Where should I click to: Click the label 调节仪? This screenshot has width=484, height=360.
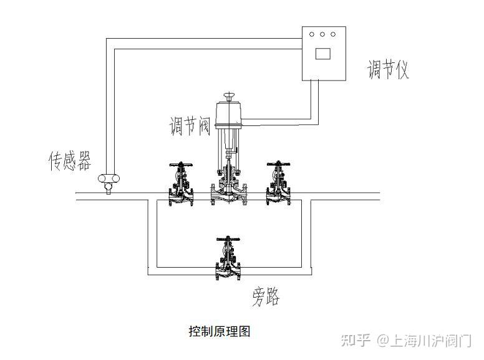click(388, 69)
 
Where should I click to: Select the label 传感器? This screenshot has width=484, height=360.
click(70, 161)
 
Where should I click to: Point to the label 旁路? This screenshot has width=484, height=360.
click(266, 296)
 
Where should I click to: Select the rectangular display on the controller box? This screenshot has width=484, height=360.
click(323, 53)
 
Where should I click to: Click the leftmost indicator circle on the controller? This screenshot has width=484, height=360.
click(312, 34)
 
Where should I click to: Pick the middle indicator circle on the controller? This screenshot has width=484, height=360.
click(323, 34)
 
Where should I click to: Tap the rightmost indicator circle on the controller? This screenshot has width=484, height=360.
click(334, 34)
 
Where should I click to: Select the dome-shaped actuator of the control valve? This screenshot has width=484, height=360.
click(230, 114)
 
